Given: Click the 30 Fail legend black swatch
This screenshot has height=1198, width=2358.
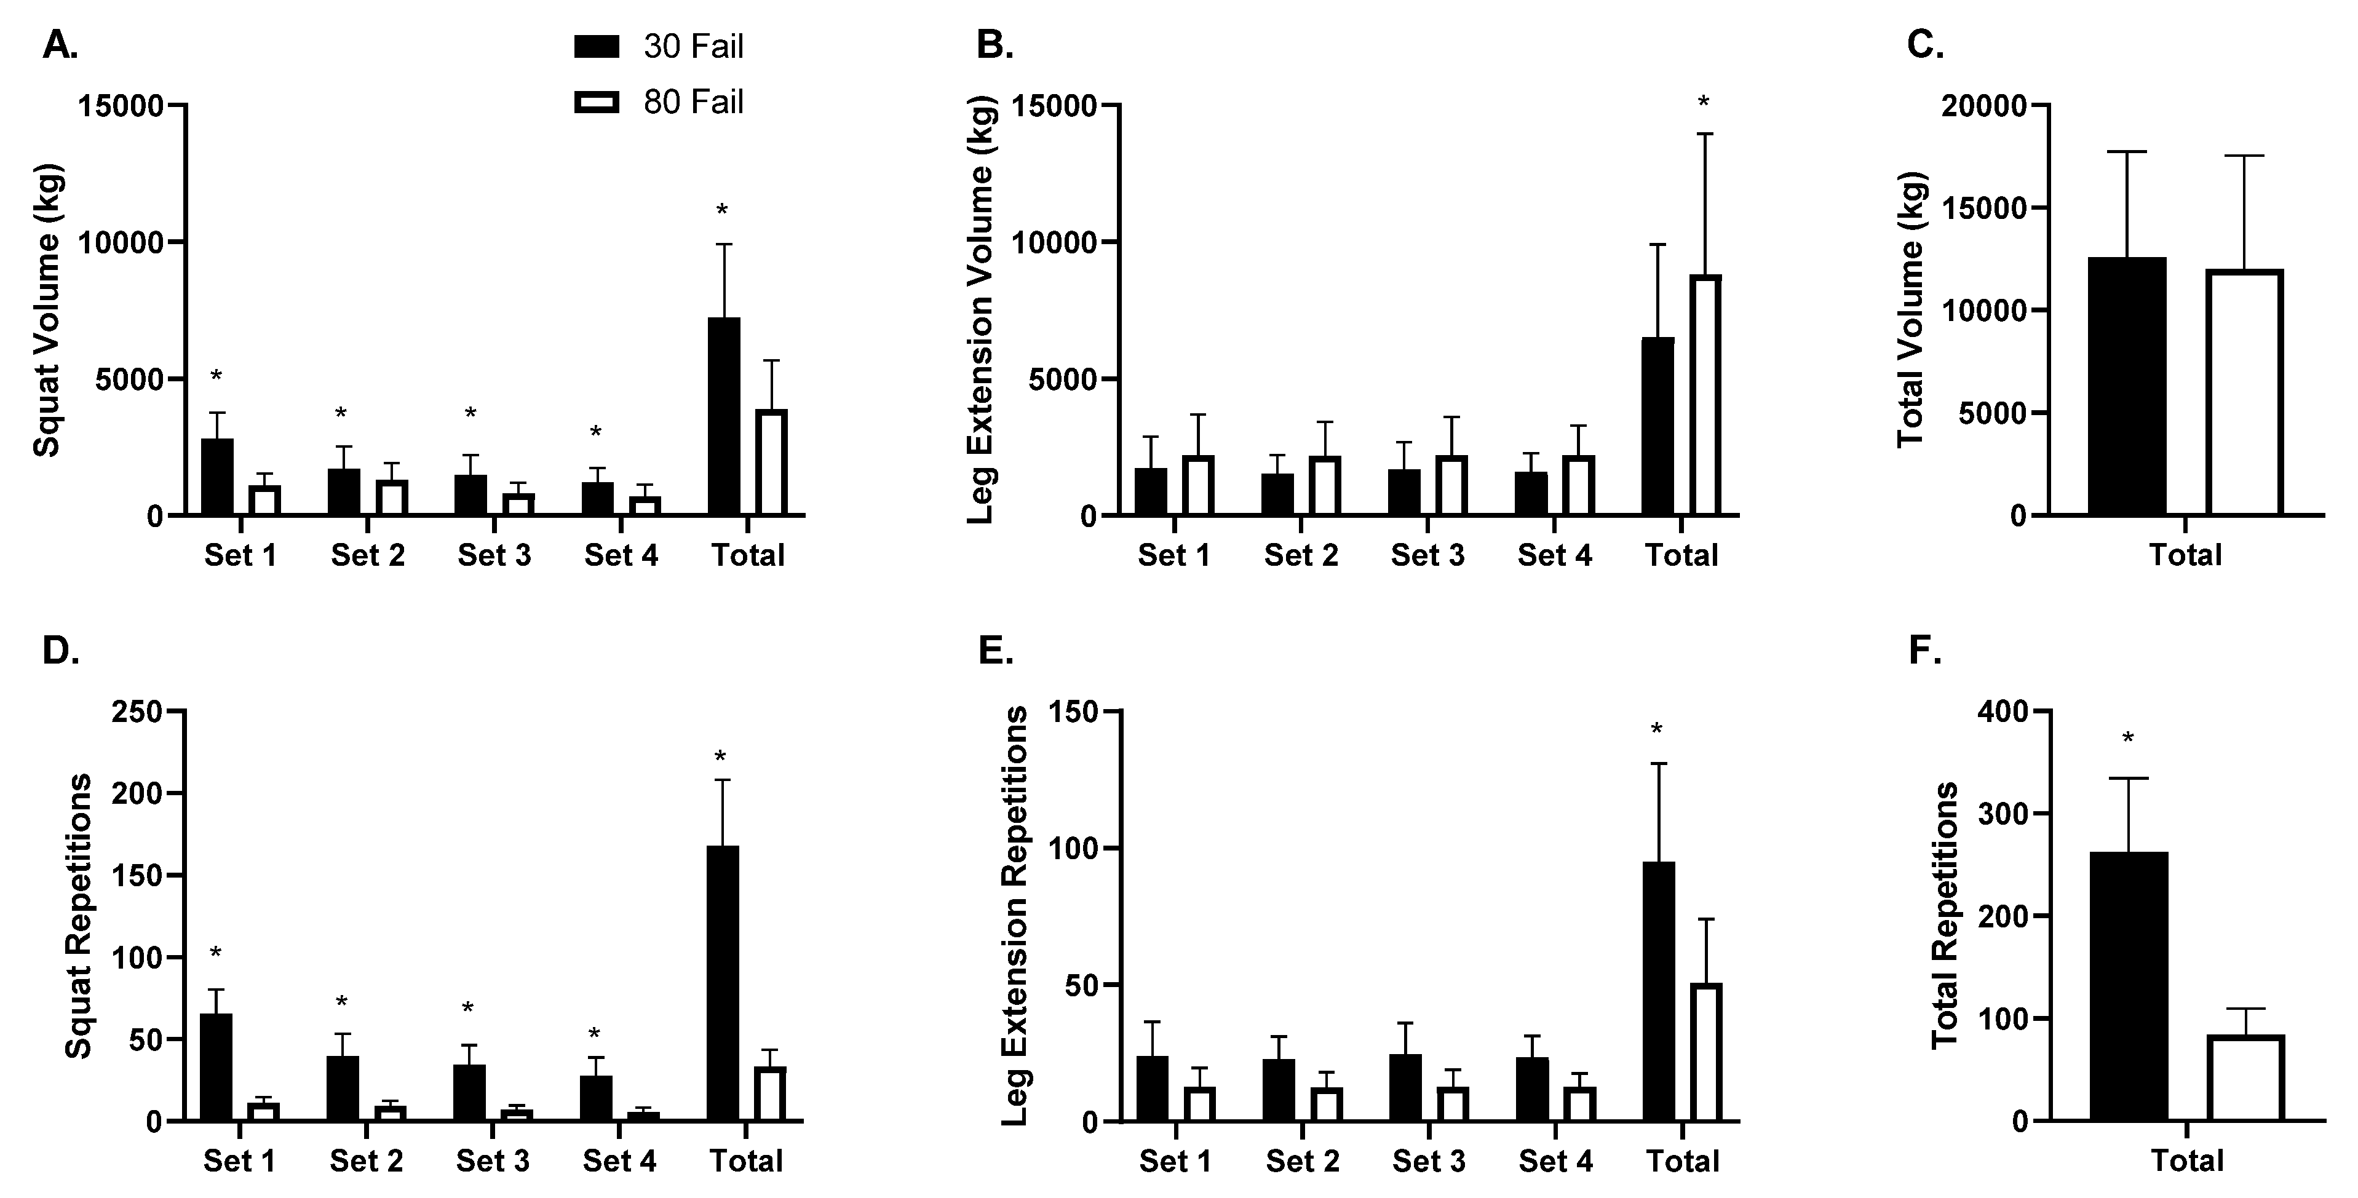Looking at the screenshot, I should tap(596, 47).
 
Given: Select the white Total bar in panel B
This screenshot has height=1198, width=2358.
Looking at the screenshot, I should tap(1705, 395).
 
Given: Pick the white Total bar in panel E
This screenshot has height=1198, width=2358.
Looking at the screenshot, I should tap(1706, 1052).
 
